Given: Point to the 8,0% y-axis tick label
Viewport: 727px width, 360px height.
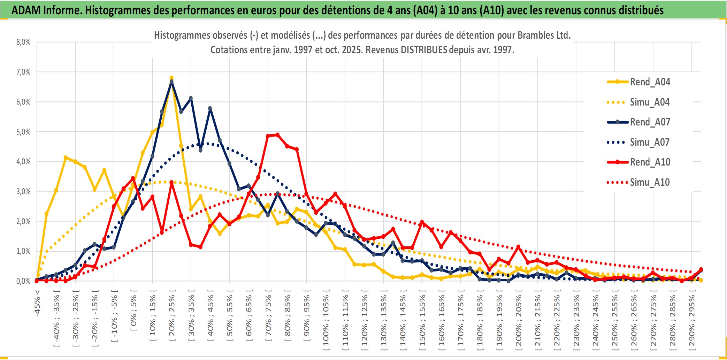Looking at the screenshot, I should [23, 42].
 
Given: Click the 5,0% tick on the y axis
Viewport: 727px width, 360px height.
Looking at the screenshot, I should [23, 132].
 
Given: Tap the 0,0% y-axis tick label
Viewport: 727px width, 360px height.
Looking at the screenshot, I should [23, 281].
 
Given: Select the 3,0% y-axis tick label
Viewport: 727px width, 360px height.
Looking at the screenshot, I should [23, 191].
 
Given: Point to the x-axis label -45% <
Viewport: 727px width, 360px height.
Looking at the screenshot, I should [37, 303].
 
